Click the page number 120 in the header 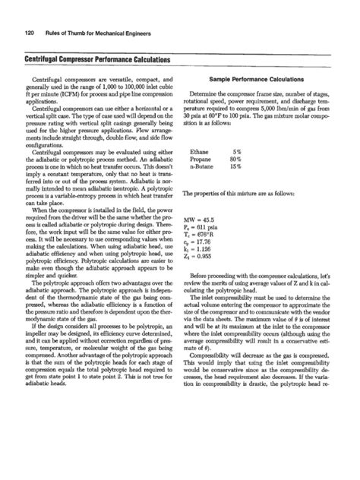32,31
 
